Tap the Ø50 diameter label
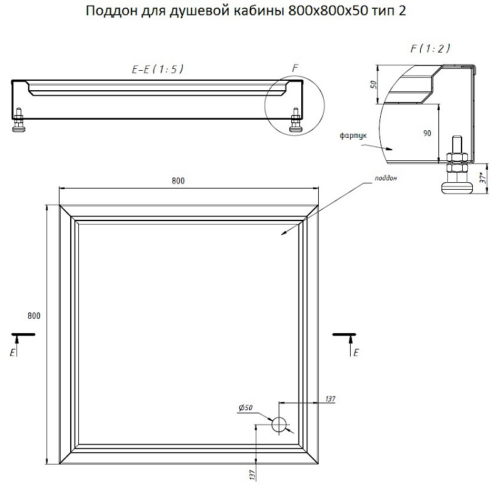tap(245, 408)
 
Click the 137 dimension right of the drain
tap(330, 399)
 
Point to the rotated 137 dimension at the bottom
tap(252, 475)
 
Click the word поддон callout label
tap(386, 178)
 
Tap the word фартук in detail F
tap(353, 136)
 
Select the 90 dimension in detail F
tap(427, 133)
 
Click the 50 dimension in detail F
tap(374, 85)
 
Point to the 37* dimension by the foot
tap(483, 178)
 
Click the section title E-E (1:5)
tap(158, 69)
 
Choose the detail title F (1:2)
tap(430, 48)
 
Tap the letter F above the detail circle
tap(295, 68)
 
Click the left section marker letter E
tap(13, 353)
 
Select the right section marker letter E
tap(356, 353)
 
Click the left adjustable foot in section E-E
tap(19, 120)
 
